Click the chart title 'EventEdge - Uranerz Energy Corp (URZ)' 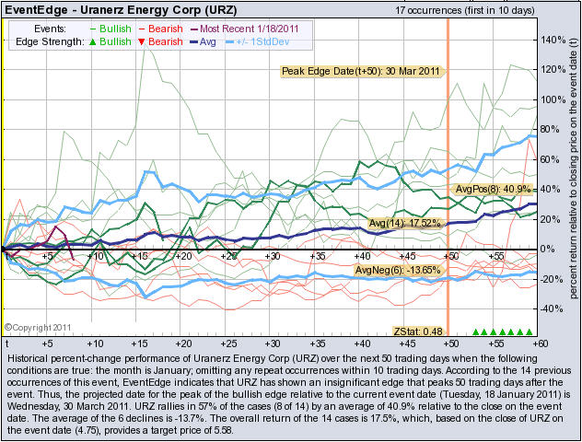click(x=121, y=9)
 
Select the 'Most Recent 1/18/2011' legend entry click(x=245, y=29)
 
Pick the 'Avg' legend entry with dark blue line click(x=203, y=41)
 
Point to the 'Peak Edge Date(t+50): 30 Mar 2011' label click(x=361, y=71)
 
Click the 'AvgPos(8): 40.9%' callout click(x=493, y=190)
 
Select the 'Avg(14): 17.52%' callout click(x=405, y=224)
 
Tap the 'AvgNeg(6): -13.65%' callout click(x=399, y=270)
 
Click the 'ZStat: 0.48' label click(x=418, y=331)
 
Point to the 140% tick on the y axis click(x=553, y=40)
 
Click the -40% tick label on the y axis click(x=551, y=308)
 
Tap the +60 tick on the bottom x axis click(x=540, y=343)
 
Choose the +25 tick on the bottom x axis click(x=228, y=343)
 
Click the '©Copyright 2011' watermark click(x=38, y=328)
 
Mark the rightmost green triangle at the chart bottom click(x=530, y=331)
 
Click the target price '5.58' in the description click(x=222, y=431)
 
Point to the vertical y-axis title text click(x=574, y=168)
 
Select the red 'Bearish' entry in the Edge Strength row click(x=161, y=41)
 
